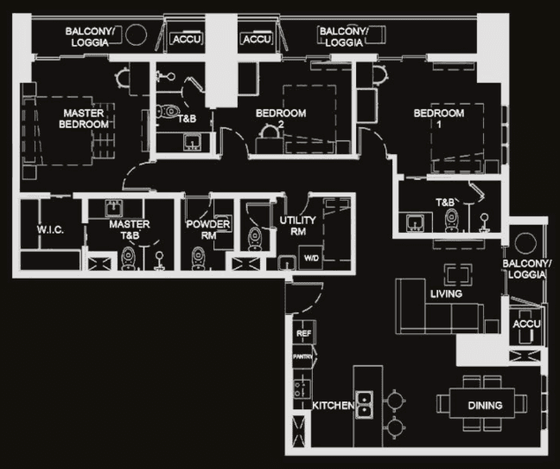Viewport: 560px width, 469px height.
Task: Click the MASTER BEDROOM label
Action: coord(84,119)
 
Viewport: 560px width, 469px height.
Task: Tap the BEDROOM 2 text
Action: coord(281,119)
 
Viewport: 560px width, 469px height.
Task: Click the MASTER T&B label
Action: coord(130,229)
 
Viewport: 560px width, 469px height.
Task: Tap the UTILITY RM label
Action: coord(298,227)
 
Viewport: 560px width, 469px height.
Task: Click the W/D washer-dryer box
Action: coord(309,257)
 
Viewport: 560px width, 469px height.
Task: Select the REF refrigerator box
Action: coord(303,333)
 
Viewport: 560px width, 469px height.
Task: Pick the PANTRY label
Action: coord(302,357)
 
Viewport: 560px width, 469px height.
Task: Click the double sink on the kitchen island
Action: coord(366,405)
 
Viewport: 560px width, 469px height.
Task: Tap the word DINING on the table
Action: coord(485,405)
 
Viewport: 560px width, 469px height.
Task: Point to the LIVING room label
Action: coord(446,294)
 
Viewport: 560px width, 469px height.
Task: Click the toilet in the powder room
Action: coord(199,257)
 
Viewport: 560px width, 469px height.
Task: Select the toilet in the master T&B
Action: coord(129,257)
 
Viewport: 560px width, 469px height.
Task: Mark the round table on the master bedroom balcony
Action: coord(136,35)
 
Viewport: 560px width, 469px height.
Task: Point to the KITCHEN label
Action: coord(333,405)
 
